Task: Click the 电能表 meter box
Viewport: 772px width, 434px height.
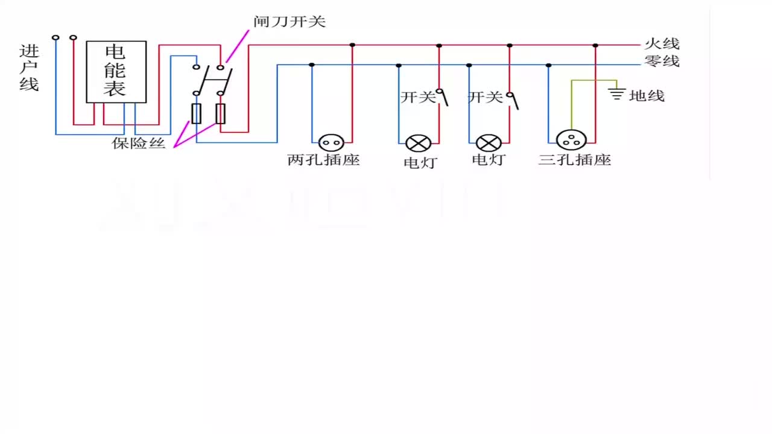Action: (116, 72)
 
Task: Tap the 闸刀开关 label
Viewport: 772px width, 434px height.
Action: (289, 22)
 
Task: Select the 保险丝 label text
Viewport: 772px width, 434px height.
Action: (139, 143)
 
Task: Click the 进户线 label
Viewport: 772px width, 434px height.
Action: (29, 68)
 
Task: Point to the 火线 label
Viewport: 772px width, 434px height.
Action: (662, 44)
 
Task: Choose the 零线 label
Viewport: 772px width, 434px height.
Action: (662, 61)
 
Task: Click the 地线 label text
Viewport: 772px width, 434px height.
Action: (647, 95)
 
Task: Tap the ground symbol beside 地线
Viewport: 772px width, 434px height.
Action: (616, 93)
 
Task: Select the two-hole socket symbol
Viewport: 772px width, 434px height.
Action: (331, 143)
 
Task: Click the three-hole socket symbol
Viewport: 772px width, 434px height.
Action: (571, 140)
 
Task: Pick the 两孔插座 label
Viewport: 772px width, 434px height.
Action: (323, 160)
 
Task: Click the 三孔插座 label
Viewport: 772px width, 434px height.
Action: (574, 160)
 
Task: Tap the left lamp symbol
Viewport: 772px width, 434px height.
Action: (418, 143)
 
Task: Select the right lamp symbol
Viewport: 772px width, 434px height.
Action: (489, 143)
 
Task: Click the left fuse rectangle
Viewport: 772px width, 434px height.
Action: (196, 113)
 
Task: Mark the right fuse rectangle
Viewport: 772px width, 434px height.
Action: (221, 113)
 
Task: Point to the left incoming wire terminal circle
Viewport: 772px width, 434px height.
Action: (55, 37)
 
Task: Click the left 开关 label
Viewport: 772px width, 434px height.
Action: (417, 97)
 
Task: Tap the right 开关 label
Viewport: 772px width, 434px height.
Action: (486, 97)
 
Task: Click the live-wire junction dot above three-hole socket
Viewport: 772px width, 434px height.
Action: (595, 45)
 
